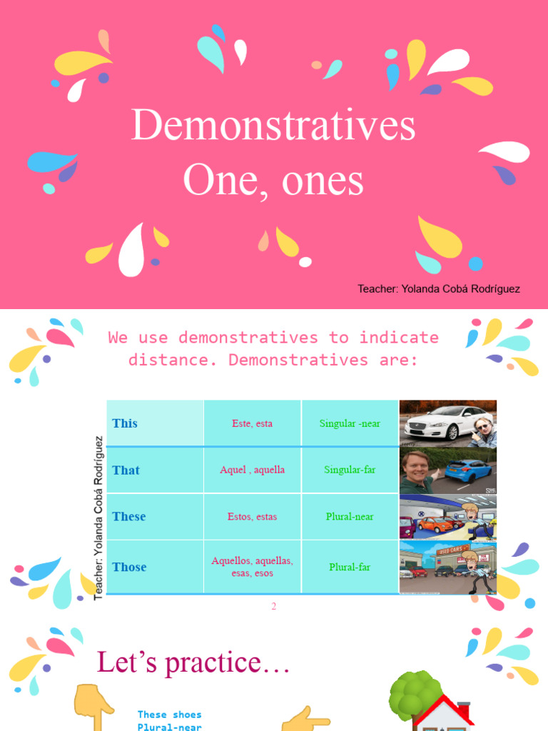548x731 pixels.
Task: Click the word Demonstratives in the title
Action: click(x=273, y=126)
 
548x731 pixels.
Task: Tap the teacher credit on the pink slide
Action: click(x=438, y=289)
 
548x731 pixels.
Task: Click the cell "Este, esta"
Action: click(x=252, y=423)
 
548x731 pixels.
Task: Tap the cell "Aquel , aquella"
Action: click(x=252, y=470)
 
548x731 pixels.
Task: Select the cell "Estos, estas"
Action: click(x=252, y=516)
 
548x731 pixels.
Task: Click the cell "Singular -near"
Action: click(x=350, y=423)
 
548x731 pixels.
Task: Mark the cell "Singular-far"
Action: click(x=350, y=470)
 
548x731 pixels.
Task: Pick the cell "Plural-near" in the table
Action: click(x=350, y=516)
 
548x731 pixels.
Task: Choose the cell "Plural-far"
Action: click(x=350, y=568)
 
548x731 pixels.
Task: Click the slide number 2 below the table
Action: click(x=273, y=607)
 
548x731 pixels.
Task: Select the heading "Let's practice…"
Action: click(x=193, y=663)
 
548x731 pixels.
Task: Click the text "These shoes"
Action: click(x=169, y=715)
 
